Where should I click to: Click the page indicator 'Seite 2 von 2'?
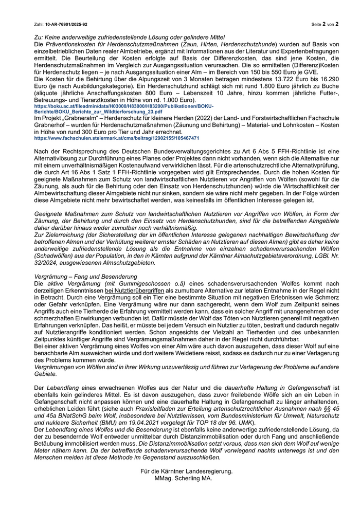pos(325,24)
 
